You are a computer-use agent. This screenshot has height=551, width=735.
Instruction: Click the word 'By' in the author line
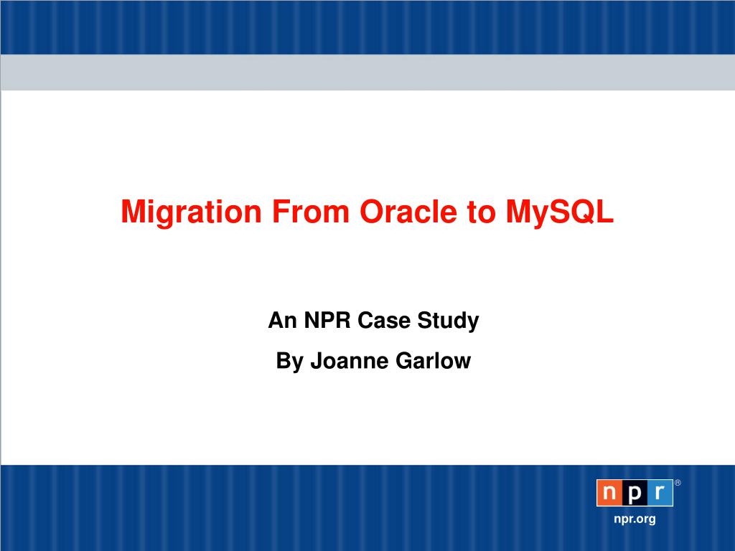pyautogui.click(x=290, y=361)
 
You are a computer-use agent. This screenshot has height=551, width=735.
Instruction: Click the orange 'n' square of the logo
pyautogui.click(x=609, y=493)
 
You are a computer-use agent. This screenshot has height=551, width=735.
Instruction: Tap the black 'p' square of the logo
pyautogui.click(x=635, y=493)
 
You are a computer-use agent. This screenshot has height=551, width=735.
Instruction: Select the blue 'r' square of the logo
pyautogui.click(x=660, y=493)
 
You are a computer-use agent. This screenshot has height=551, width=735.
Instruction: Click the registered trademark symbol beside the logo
pyautogui.click(x=678, y=483)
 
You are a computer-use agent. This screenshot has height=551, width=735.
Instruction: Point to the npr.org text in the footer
pyautogui.click(x=635, y=519)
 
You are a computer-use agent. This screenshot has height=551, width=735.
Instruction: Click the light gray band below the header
pyautogui.click(x=367, y=72)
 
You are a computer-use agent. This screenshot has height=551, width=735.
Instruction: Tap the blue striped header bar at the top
pyautogui.click(x=367, y=27)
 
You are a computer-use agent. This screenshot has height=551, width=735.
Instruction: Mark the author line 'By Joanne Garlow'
pyautogui.click(x=373, y=361)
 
